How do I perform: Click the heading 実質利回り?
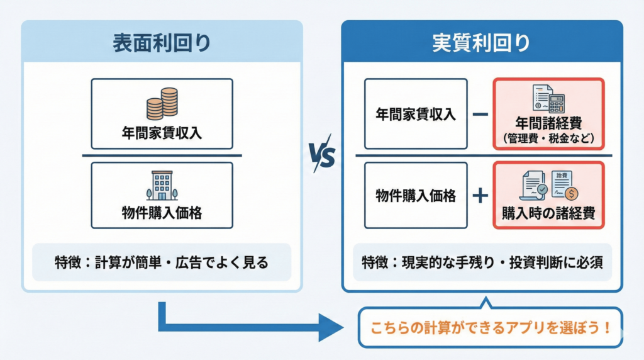click(x=482, y=42)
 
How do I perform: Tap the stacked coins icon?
click(x=162, y=104)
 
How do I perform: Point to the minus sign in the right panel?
click(x=480, y=115)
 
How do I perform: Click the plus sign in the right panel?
click(x=480, y=195)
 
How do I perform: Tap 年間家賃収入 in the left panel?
click(x=162, y=132)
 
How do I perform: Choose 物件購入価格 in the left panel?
click(x=162, y=213)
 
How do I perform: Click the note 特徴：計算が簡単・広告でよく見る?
click(x=162, y=262)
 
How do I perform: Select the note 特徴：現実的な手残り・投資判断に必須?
click(x=482, y=262)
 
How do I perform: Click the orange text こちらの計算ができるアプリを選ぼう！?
click(x=490, y=328)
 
